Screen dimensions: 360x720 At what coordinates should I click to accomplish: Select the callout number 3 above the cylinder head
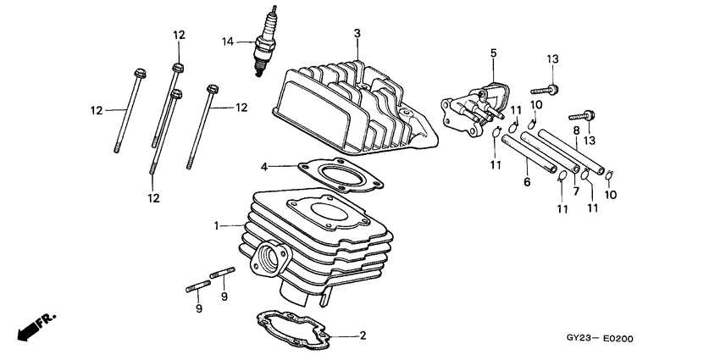click(x=357, y=33)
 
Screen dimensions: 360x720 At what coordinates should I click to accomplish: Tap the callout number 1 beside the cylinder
click(x=217, y=226)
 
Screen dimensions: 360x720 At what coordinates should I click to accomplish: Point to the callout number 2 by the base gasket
click(x=363, y=336)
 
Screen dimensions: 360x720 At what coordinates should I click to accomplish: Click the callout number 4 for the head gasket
click(x=264, y=166)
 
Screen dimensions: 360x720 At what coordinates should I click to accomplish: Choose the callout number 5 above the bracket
click(x=492, y=53)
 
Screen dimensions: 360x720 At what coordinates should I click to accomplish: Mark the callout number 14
click(x=227, y=41)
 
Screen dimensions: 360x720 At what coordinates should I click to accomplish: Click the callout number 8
click(x=575, y=130)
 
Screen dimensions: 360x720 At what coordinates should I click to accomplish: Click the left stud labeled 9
click(x=195, y=287)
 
